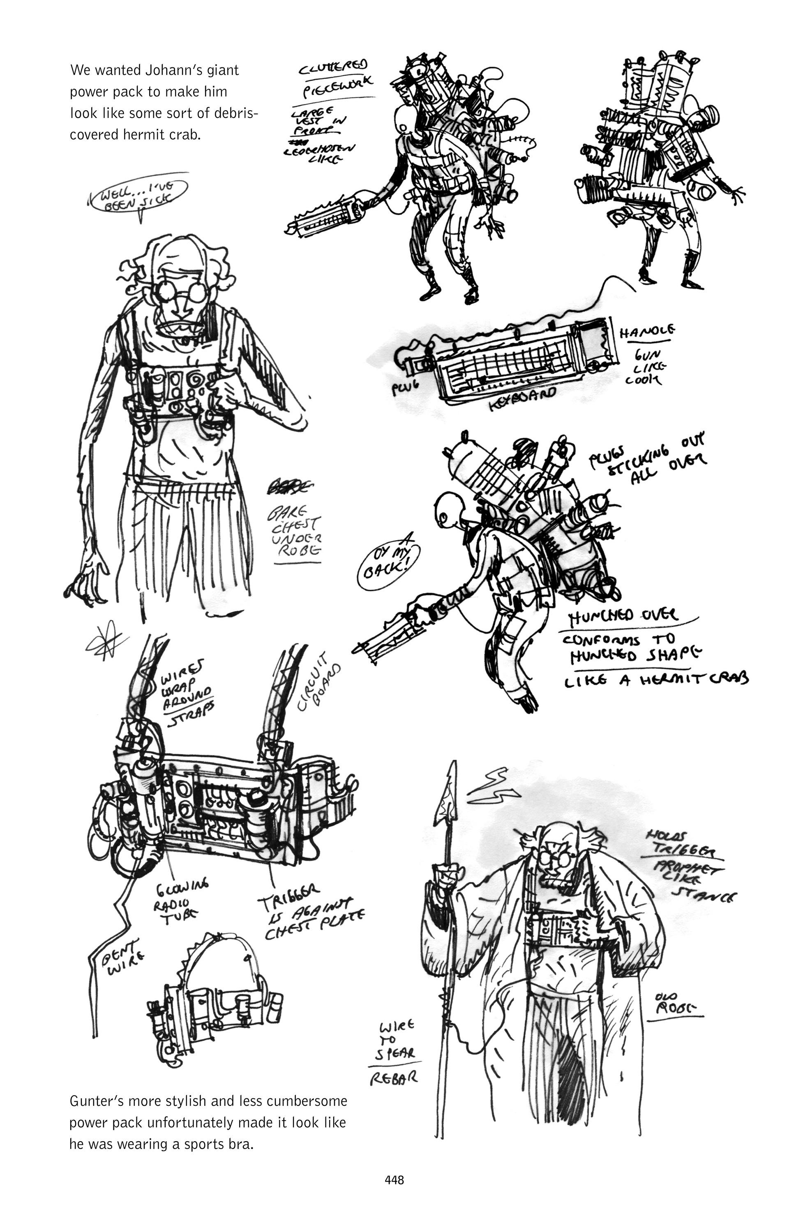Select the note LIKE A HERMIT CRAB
pos(655,679)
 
